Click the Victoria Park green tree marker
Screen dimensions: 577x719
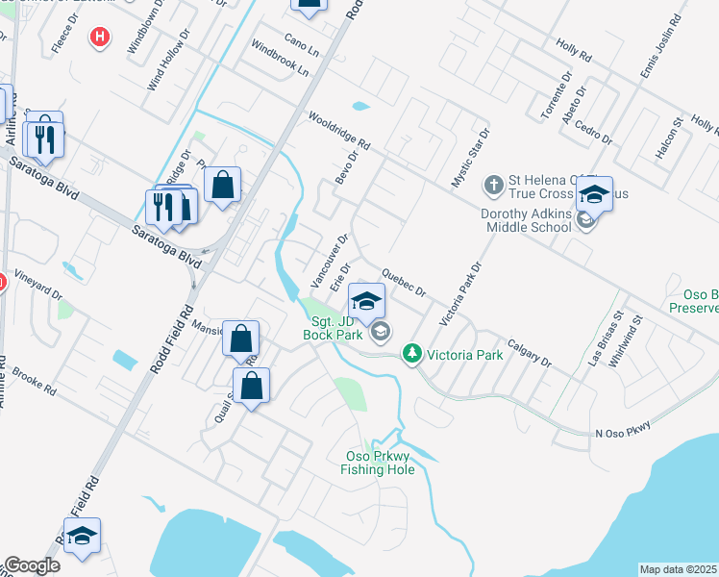click(x=412, y=354)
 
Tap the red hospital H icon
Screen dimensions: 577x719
click(x=98, y=38)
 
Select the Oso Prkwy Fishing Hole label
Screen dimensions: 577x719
click(x=378, y=463)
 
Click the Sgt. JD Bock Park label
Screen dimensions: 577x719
click(x=332, y=328)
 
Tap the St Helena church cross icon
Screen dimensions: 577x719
click(x=493, y=184)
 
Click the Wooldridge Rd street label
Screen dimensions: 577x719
click(x=339, y=131)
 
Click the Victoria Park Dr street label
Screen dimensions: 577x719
click(x=459, y=293)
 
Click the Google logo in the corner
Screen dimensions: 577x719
click(x=32, y=565)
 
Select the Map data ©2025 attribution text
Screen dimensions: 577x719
click(x=679, y=569)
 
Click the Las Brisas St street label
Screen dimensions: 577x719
click(x=607, y=334)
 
